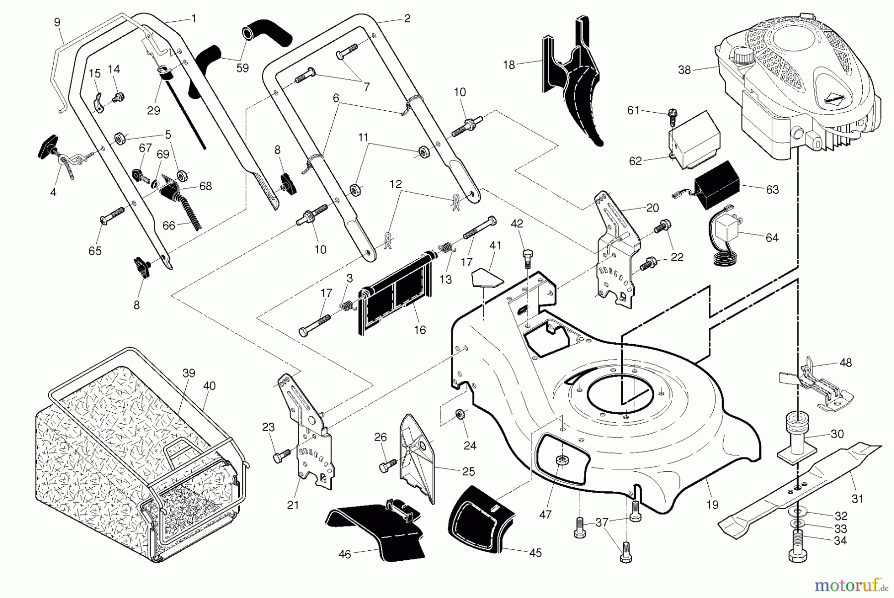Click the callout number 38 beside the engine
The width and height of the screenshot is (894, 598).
click(684, 70)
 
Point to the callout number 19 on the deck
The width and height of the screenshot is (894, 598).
click(712, 505)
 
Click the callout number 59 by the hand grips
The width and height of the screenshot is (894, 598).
click(242, 68)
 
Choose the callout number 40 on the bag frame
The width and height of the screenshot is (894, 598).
click(209, 386)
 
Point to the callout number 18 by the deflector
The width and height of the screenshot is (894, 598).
click(509, 64)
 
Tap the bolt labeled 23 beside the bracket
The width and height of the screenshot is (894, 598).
click(282, 454)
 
